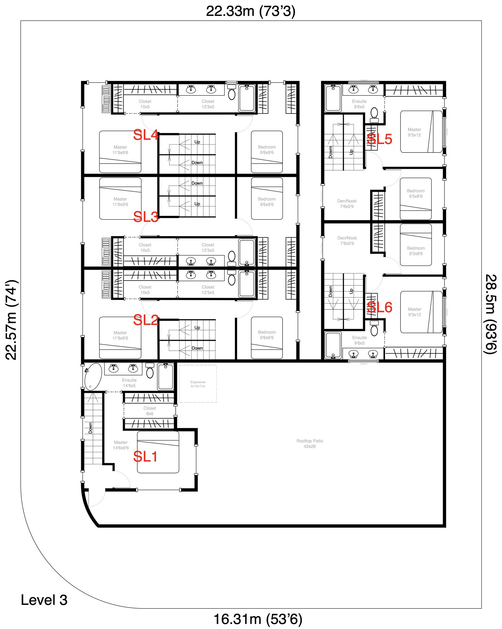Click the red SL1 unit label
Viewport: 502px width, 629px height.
pos(145,457)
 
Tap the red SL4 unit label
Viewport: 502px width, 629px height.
pos(146,135)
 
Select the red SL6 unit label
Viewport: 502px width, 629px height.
pos(380,307)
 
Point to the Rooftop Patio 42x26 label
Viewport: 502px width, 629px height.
pos(310,444)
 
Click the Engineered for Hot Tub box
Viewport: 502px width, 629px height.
pos(198,384)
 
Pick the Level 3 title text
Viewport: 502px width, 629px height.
pos(44,600)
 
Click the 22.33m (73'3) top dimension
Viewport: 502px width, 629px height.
pos(251,11)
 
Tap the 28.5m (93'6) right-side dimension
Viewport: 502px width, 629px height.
pos(491,314)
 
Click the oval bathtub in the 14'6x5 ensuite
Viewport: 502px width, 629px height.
pos(93,376)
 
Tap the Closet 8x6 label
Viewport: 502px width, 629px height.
pos(150,411)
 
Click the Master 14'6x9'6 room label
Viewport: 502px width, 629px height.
pos(121,445)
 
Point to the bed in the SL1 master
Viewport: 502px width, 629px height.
pos(158,452)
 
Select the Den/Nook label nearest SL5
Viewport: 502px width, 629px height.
pos(347,204)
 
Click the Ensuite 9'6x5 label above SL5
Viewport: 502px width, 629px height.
pos(359,104)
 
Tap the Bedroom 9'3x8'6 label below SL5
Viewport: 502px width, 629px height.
pos(415,193)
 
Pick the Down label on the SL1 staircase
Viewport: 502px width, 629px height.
pos(90,428)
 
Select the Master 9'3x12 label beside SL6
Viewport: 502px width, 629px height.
pos(414,312)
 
